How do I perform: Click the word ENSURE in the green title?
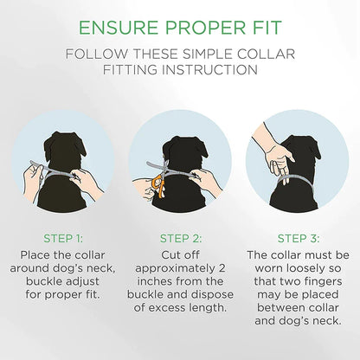[x=119, y=28]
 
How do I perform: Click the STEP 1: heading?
[x=63, y=239]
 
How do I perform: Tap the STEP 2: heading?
[x=181, y=239]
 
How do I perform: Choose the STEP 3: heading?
[x=299, y=239]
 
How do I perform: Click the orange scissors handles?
[x=157, y=185]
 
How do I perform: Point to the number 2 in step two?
[x=222, y=268]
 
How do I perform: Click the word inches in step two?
[x=154, y=281]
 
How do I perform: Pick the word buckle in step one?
[x=43, y=281]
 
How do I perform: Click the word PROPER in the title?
[x=202, y=28]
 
